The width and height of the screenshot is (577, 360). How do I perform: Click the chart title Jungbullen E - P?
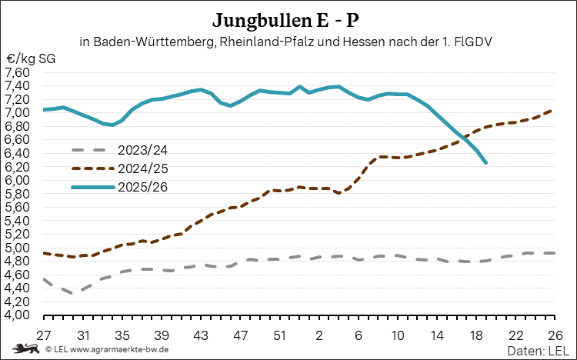pyautogui.click(x=285, y=20)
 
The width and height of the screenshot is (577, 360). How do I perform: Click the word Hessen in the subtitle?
pyautogui.click(x=364, y=42)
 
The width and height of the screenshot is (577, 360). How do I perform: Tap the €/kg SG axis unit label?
pyautogui.click(x=31, y=58)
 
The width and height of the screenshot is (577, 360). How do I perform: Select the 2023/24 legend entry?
pyautogui.click(x=119, y=150)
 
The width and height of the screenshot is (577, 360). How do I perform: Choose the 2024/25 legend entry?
pyautogui.click(x=119, y=168)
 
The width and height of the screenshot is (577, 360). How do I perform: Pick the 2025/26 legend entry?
pyautogui.click(x=119, y=187)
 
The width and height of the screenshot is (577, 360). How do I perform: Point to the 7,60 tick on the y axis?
pyautogui.click(x=17, y=72)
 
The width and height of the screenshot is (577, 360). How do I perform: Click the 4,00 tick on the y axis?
pyautogui.click(x=17, y=315)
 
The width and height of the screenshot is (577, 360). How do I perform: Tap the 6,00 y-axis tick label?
pyautogui.click(x=17, y=180)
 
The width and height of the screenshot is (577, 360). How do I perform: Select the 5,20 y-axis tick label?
pyautogui.click(x=17, y=234)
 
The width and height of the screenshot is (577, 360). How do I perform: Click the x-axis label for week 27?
pyautogui.click(x=43, y=335)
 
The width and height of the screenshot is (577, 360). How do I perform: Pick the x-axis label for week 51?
pyautogui.click(x=280, y=335)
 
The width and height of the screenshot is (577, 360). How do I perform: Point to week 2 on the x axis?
pyautogui.click(x=319, y=335)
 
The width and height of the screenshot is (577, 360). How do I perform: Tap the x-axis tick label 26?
pyautogui.click(x=555, y=335)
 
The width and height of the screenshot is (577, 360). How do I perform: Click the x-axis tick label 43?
pyautogui.click(x=201, y=335)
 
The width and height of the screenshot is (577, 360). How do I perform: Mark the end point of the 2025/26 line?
pyautogui.click(x=486, y=162)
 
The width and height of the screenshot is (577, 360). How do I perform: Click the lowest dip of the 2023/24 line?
pyautogui.click(x=73, y=293)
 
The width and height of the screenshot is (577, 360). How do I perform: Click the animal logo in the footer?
pyautogui.click(x=26, y=348)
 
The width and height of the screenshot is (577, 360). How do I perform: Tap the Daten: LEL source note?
pyautogui.click(x=538, y=351)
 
